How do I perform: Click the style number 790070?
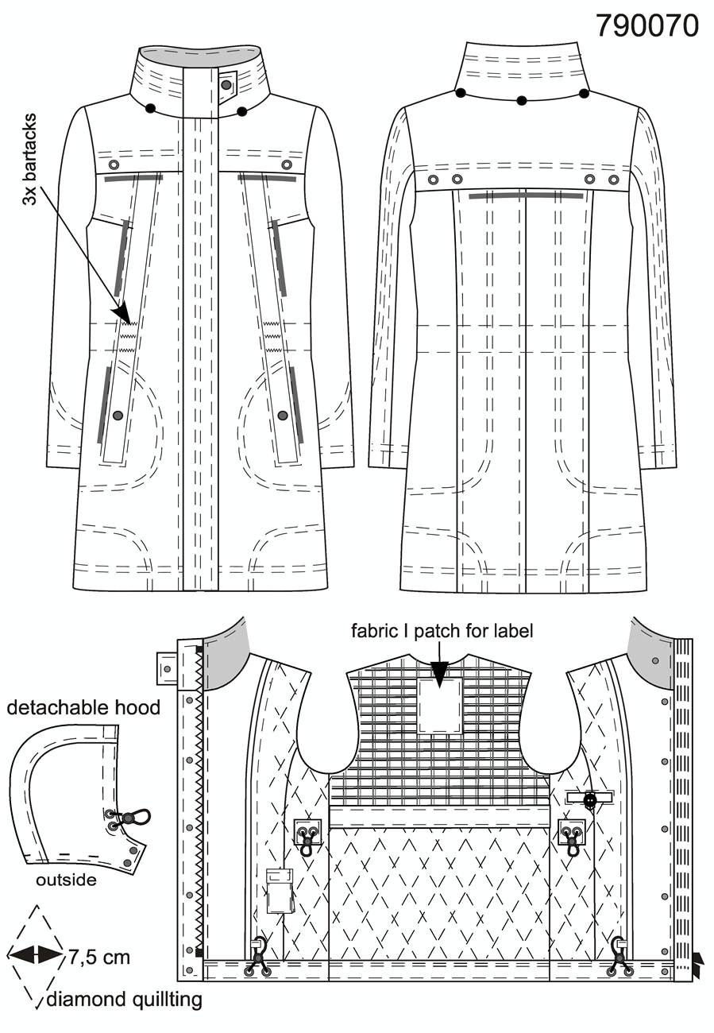[x=647, y=25]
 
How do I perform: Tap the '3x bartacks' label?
[x=30, y=160]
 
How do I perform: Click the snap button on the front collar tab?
[x=226, y=85]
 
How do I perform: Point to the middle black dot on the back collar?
[x=522, y=100]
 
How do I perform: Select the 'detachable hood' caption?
[x=83, y=707]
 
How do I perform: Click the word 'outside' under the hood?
[x=67, y=880]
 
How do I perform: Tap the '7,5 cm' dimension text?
[x=99, y=958]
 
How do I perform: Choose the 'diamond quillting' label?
[x=124, y=1000]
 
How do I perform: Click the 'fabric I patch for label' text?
[x=442, y=631]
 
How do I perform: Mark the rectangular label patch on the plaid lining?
[x=440, y=706]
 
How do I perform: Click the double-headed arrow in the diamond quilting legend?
[x=35, y=954]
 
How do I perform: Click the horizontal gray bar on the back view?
[x=526, y=196]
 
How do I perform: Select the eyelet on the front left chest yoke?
[x=114, y=164]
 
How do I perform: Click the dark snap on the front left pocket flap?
[x=118, y=416]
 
